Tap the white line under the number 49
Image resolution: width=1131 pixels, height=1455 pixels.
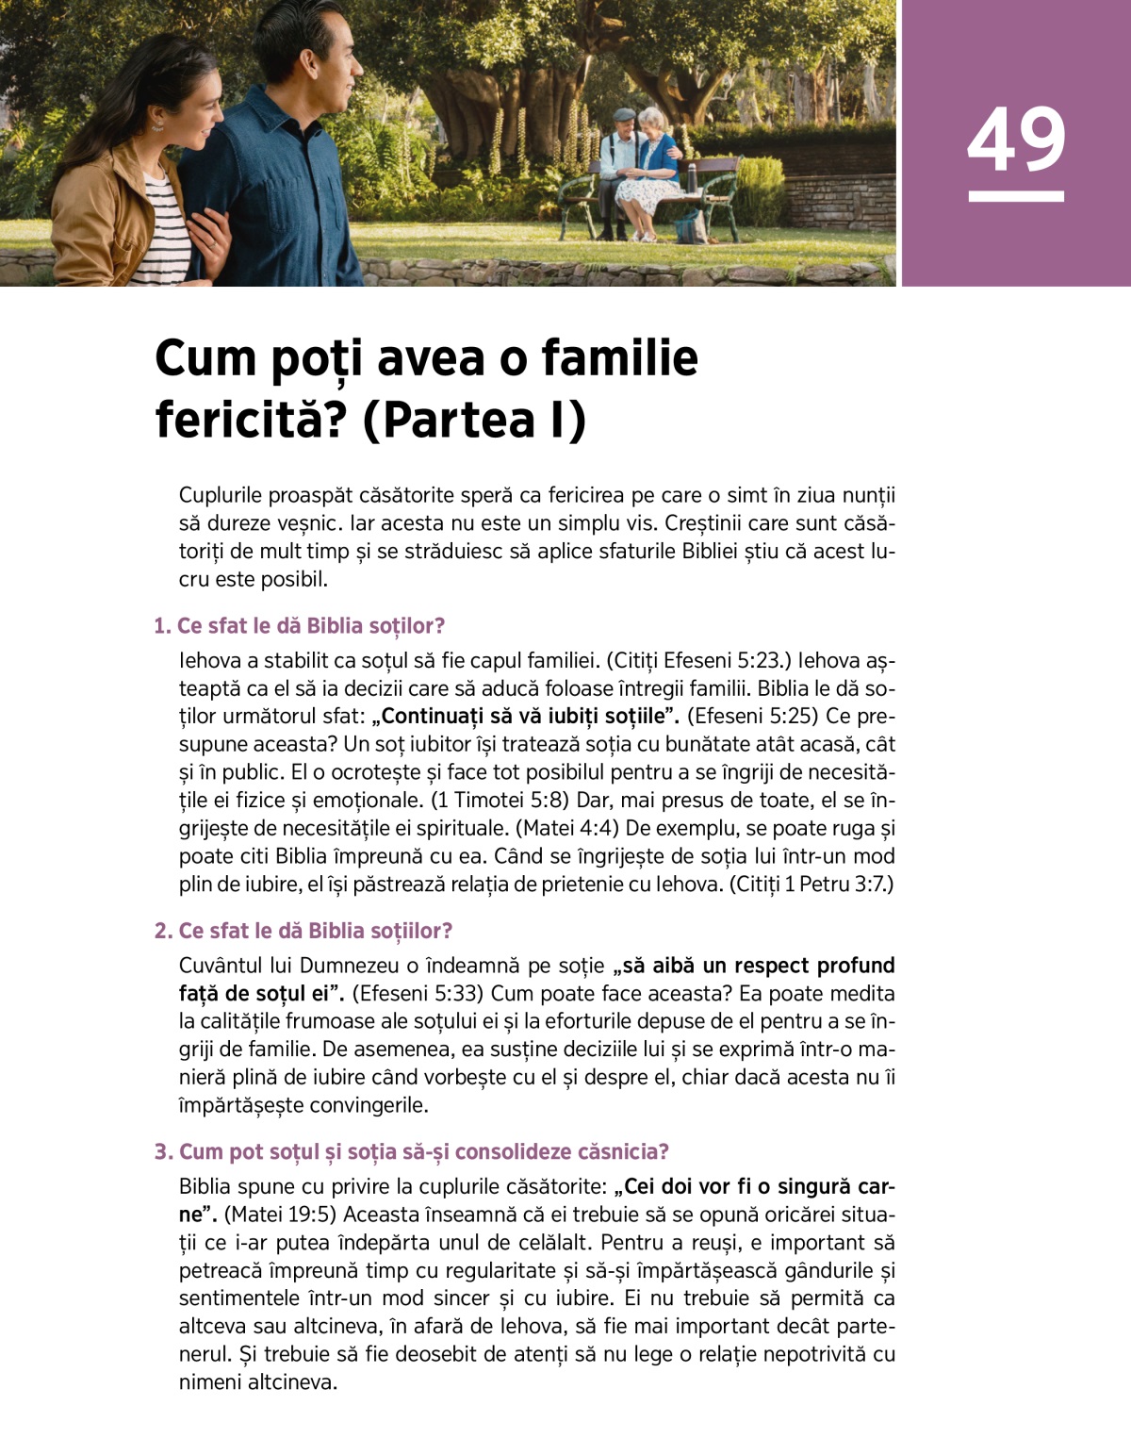1016,196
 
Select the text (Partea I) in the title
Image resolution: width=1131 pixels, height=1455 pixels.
474,420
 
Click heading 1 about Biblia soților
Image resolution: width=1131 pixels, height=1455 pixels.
300,626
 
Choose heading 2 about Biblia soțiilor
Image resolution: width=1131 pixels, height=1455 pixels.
303,931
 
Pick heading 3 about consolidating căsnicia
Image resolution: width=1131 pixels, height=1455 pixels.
412,1151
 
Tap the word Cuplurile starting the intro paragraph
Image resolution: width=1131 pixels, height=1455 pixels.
221,496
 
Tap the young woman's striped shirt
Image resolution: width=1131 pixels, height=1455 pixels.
170,236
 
